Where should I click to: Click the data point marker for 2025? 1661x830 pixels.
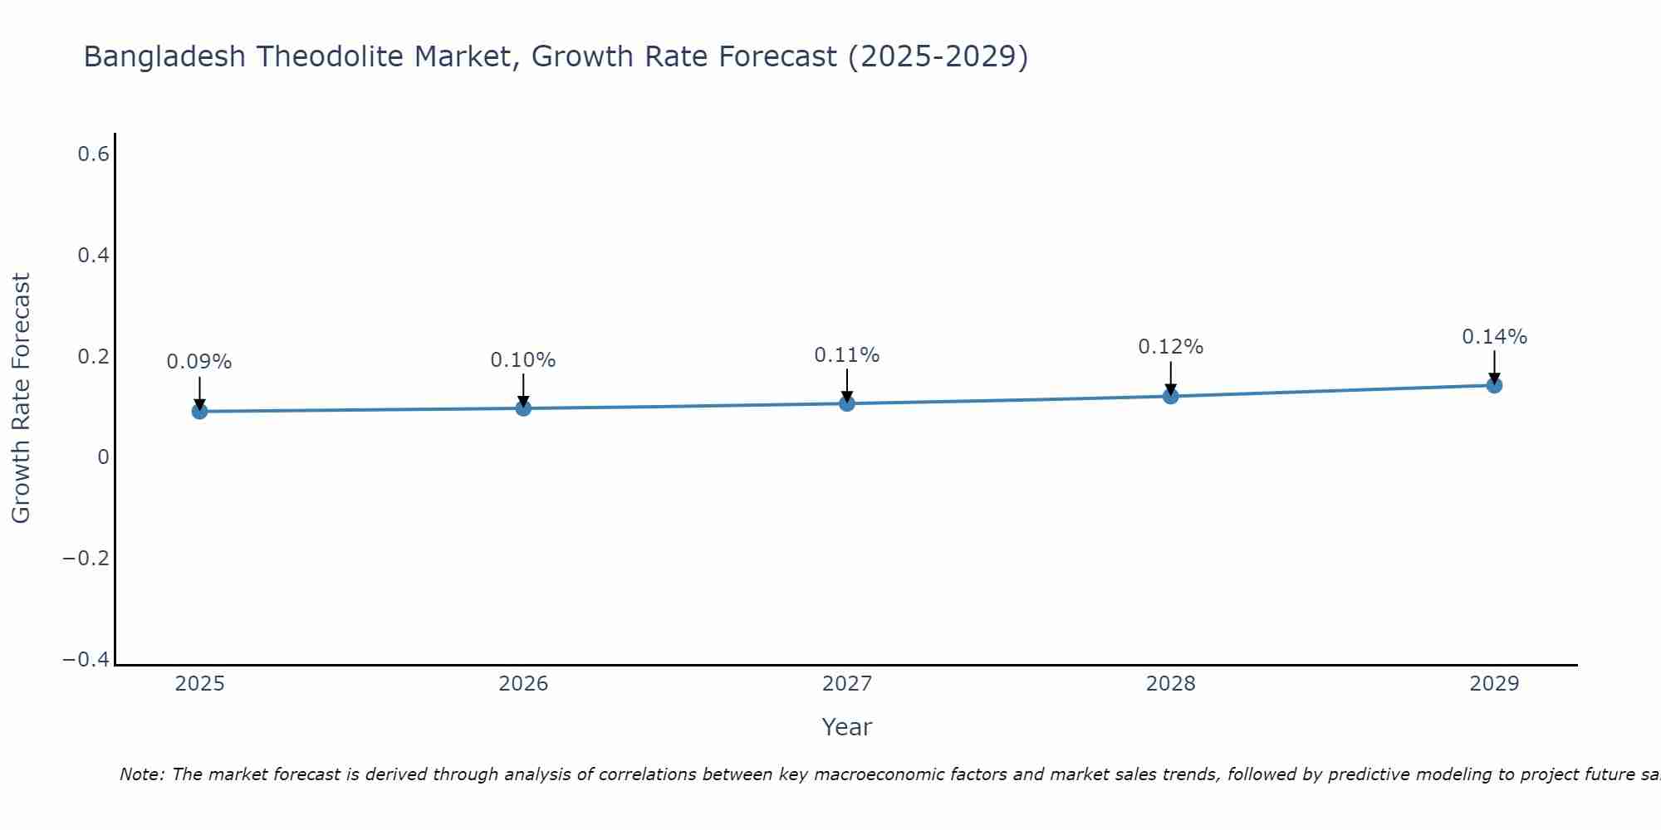click(x=199, y=411)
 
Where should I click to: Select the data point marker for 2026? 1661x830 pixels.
click(x=523, y=408)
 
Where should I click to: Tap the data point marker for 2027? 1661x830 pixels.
click(x=847, y=403)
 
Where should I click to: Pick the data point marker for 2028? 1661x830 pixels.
click(x=1171, y=396)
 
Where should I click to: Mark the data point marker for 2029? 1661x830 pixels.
click(x=1494, y=385)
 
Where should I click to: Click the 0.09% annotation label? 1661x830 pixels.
click(x=199, y=362)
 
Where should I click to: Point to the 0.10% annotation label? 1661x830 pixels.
click(x=523, y=360)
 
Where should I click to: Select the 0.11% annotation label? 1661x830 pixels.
click(x=847, y=355)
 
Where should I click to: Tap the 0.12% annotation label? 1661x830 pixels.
click(x=1171, y=347)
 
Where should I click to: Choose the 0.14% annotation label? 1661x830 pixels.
click(x=1494, y=337)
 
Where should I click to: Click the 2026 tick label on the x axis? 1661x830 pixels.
click(x=523, y=684)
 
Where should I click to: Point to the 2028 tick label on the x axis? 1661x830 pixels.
click(x=1171, y=684)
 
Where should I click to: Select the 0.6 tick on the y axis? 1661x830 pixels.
click(x=94, y=154)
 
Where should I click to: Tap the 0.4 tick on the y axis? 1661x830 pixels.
click(x=94, y=256)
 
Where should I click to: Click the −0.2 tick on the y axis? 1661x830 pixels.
click(x=86, y=558)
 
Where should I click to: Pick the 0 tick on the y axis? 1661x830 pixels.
click(x=103, y=457)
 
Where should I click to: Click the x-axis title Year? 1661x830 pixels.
click(x=846, y=727)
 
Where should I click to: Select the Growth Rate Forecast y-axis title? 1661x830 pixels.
click(x=21, y=398)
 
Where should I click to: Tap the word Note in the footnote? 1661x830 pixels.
click(x=140, y=774)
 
